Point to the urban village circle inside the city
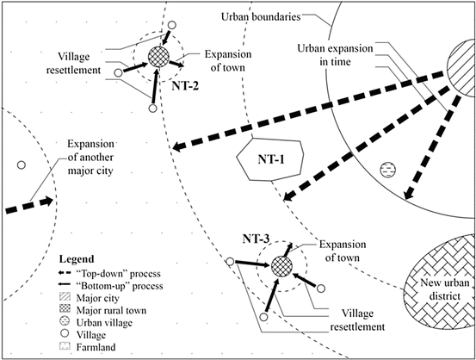point(387,170)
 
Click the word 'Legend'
point(77,258)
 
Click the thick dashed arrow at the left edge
point(26,207)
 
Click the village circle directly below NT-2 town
point(152,109)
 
